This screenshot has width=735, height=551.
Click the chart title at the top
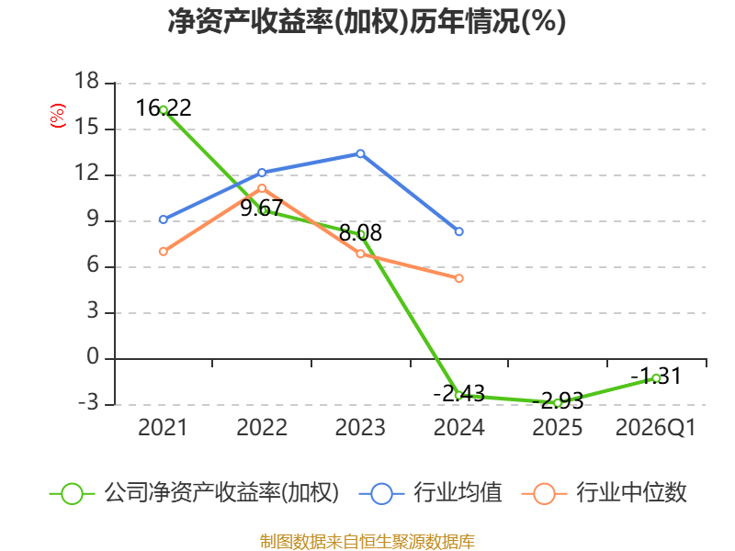[x=367, y=21]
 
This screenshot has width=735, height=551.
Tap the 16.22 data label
[x=164, y=107]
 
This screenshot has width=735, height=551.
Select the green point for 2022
[x=262, y=211]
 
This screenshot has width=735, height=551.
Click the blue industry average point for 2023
[x=360, y=153]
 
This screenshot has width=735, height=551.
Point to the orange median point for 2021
[x=164, y=252]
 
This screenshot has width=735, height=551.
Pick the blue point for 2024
[x=458, y=231]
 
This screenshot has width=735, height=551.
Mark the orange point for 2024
[x=458, y=278]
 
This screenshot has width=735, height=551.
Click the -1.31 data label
[x=656, y=377]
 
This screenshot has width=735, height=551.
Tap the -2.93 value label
[x=558, y=401]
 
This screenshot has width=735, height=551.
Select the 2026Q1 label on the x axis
[x=656, y=428]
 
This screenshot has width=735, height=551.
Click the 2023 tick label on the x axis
[x=360, y=428]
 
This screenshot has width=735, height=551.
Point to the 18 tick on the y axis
[x=86, y=81]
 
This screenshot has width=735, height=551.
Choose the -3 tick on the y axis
[x=88, y=402]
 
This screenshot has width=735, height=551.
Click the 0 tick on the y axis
[x=93, y=357]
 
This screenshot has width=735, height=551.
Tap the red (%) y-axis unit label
[x=58, y=116]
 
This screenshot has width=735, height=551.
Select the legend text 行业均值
[x=458, y=493]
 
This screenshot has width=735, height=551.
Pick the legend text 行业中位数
[x=631, y=493]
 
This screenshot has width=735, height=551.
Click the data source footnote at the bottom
[x=367, y=542]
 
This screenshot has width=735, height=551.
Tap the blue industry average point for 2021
[x=164, y=219]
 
